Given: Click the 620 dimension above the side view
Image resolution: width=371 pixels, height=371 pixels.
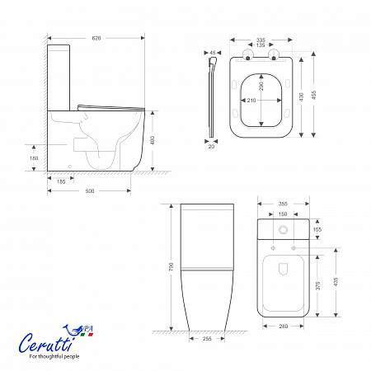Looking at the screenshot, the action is [x=96, y=38].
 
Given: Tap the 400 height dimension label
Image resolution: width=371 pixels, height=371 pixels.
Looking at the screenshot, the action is [x=153, y=140].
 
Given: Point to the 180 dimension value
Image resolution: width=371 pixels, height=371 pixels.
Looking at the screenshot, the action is [x=34, y=158].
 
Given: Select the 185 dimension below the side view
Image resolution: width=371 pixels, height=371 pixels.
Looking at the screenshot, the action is [x=61, y=181].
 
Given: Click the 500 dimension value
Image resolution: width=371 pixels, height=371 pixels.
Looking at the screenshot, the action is [x=90, y=191].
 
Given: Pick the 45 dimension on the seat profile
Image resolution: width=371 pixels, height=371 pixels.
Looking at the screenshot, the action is [x=213, y=53].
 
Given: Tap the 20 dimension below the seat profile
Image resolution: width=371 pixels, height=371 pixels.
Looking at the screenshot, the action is [x=211, y=147].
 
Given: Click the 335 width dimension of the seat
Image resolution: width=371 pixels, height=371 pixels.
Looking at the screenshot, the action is [x=261, y=40].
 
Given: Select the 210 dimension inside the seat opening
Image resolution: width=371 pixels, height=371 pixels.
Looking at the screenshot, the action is [x=251, y=101].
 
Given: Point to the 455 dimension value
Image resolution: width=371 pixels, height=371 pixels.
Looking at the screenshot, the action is [x=314, y=95].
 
